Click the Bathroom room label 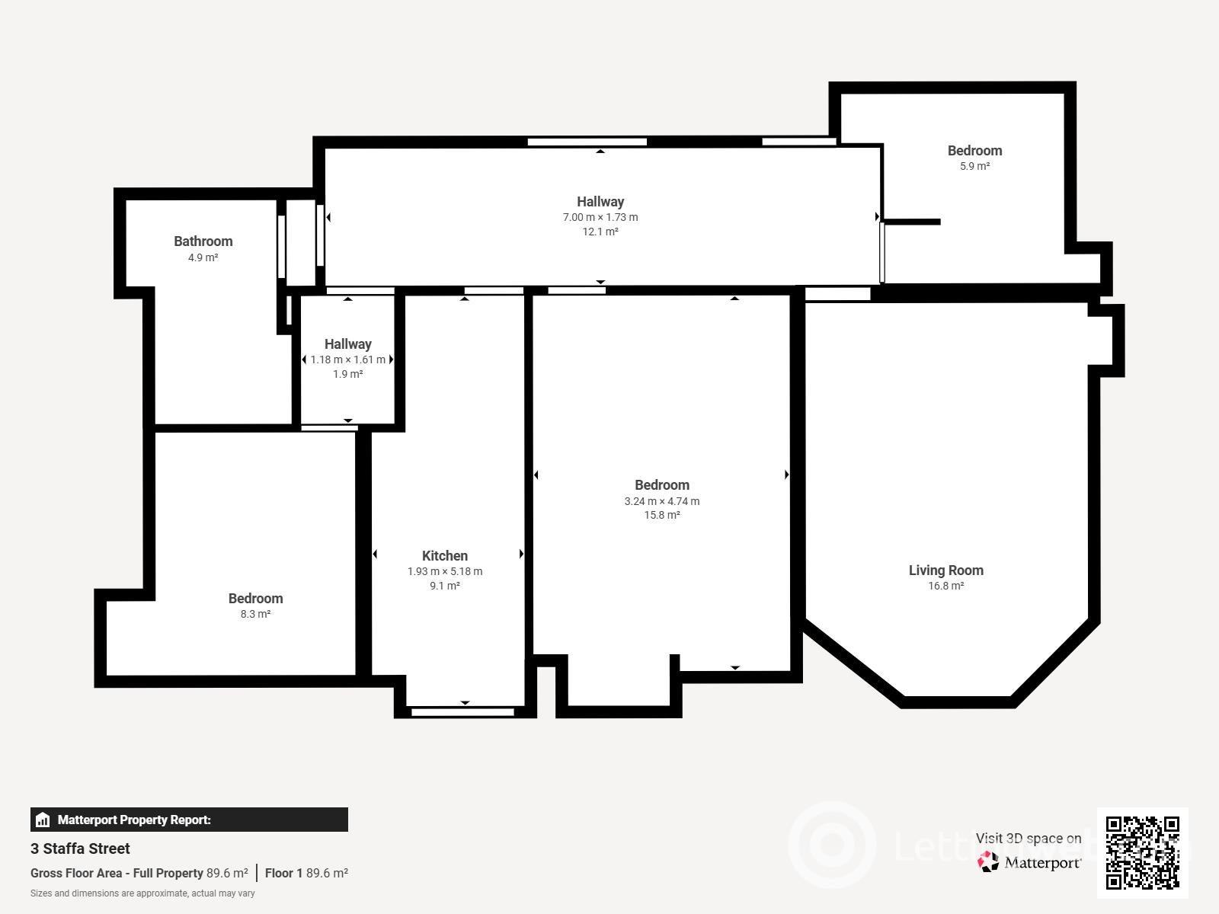click(203, 241)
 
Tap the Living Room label click(945, 570)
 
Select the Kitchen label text click(445, 555)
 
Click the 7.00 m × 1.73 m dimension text click(600, 218)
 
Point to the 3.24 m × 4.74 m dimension click(662, 501)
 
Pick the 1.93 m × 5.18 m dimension click(445, 571)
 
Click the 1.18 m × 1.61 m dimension click(347, 360)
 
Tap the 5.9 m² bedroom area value click(974, 166)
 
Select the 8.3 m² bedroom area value click(255, 614)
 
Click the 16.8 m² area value click(945, 586)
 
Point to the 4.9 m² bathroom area click(203, 257)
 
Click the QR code click(1142, 853)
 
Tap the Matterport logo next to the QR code click(1029, 862)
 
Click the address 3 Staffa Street click(80, 848)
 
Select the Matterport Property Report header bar click(190, 820)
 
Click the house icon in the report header click(43, 820)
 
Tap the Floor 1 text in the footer click(283, 873)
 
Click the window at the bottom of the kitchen click(462, 712)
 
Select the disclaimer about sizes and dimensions click(142, 893)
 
